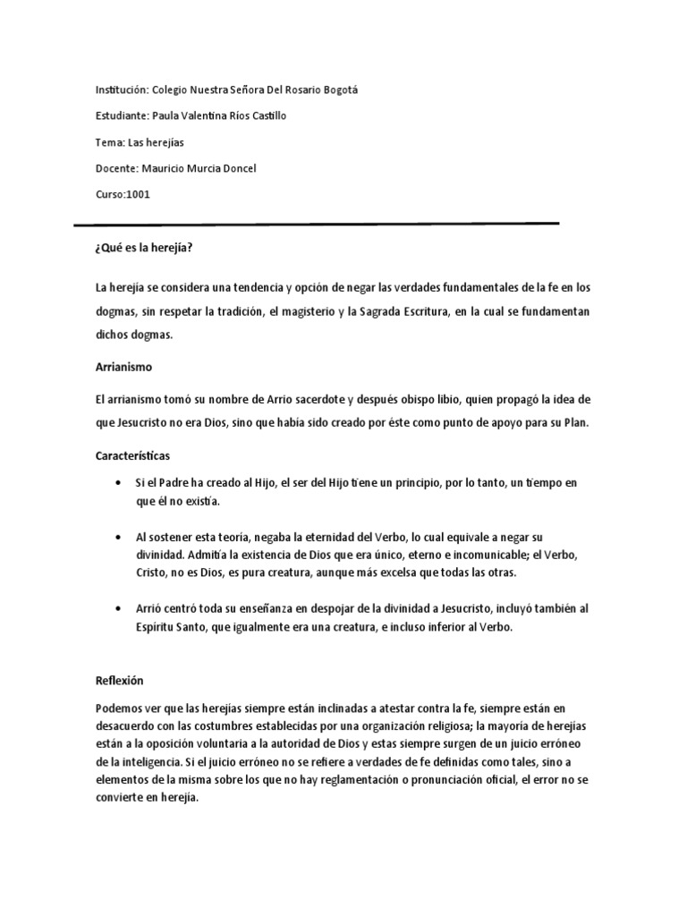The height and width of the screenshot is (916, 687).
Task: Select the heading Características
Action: (x=132, y=454)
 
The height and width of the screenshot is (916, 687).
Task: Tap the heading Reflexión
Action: (x=119, y=680)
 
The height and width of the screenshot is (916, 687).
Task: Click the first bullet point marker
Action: (x=119, y=483)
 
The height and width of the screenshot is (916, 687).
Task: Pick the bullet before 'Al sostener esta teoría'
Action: (x=119, y=539)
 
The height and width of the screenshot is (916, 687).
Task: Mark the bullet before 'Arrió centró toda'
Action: (x=119, y=608)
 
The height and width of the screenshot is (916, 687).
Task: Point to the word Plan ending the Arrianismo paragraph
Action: (x=574, y=422)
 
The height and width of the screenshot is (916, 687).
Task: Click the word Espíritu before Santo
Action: (x=157, y=628)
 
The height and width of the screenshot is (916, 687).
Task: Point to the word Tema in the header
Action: (x=108, y=142)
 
